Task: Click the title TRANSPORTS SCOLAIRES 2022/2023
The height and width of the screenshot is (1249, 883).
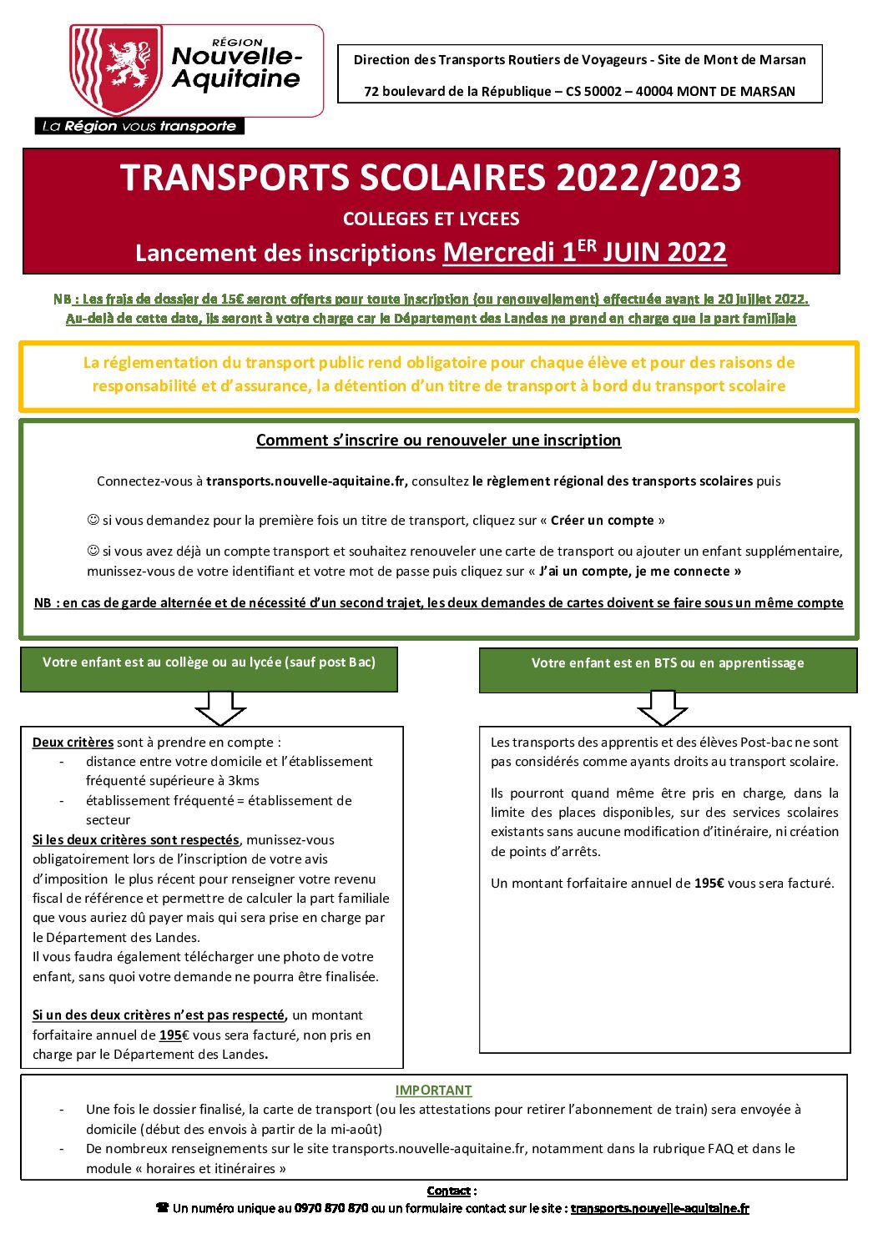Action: pyautogui.click(x=431, y=178)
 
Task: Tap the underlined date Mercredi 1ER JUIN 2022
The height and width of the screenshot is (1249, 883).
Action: pyautogui.click(x=584, y=252)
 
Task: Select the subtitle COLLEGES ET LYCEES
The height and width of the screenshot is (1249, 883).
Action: pyautogui.click(x=431, y=219)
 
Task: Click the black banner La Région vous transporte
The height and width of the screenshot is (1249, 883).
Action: pyautogui.click(x=139, y=126)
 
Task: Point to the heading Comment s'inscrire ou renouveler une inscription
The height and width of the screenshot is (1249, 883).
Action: pyautogui.click(x=438, y=441)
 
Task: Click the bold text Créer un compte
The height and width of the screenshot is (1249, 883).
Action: pyautogui.click(x=602, y=521)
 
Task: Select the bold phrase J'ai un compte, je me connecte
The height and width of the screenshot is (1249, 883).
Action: pyautogui.click(x=640, y=572)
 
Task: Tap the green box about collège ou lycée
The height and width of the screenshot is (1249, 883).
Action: pyautogui.click(x=209, y=668)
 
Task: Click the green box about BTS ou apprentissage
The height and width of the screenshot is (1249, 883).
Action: pyautogui.click(x=668, y=670)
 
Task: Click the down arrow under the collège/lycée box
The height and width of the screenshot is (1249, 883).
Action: pyautogui.click(x=220, y=708)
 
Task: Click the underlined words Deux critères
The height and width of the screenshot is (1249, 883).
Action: pyautogui.click(x=73, y=743)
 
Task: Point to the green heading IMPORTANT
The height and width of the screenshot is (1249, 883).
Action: pyautogui.click(x=433, y=1090)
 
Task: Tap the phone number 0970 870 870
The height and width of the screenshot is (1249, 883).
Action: pyautogui.click(x=330, y=1208)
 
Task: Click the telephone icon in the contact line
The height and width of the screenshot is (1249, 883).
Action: pyautogui.click(x=163, y=1208)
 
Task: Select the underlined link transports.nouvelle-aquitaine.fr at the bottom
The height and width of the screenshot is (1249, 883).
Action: pyautogui.click(x=659, y=1208)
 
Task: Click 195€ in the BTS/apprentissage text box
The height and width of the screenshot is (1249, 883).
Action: pyautogui.click(x=709, y=884)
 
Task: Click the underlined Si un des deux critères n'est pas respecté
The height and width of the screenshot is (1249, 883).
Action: pyautogui.click(x=159, y=1015)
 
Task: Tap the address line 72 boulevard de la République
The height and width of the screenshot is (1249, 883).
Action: pyautogui.click(x=579, y=92)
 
